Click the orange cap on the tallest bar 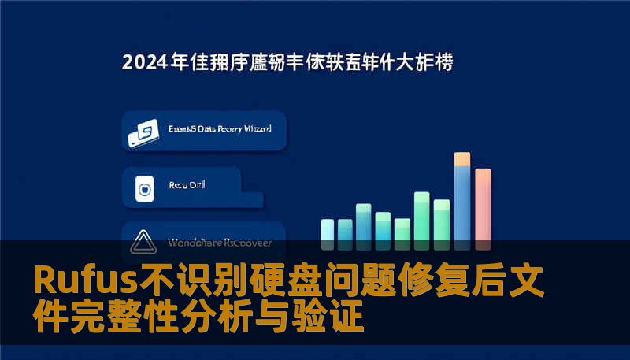tap(462, 158)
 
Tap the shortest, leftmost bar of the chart tap(328, 231)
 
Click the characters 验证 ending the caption tap(338, 317)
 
